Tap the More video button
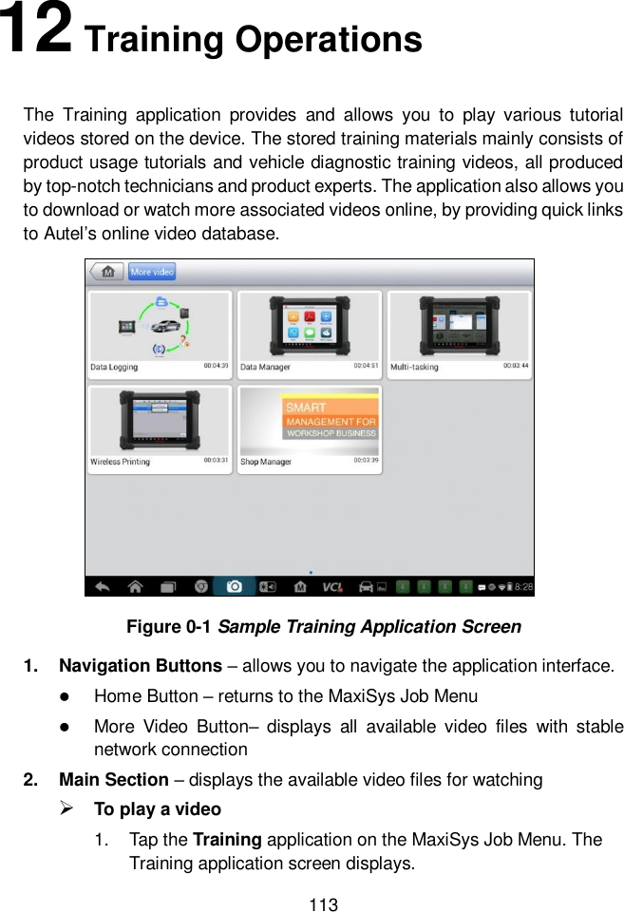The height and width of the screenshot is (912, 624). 152,272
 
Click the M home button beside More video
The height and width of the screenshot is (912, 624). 106,272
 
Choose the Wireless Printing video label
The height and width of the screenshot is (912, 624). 120,462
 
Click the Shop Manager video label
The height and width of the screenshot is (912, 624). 265,462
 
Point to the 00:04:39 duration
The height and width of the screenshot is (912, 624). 216,365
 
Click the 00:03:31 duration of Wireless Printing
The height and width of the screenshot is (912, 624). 216,460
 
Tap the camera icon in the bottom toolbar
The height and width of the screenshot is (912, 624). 234,586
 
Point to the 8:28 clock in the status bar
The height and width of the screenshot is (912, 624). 522,587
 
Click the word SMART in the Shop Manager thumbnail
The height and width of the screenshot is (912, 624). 306,408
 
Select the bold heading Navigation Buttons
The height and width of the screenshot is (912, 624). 141,666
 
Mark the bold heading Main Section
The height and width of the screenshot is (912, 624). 114,780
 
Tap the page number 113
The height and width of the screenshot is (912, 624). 324,903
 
